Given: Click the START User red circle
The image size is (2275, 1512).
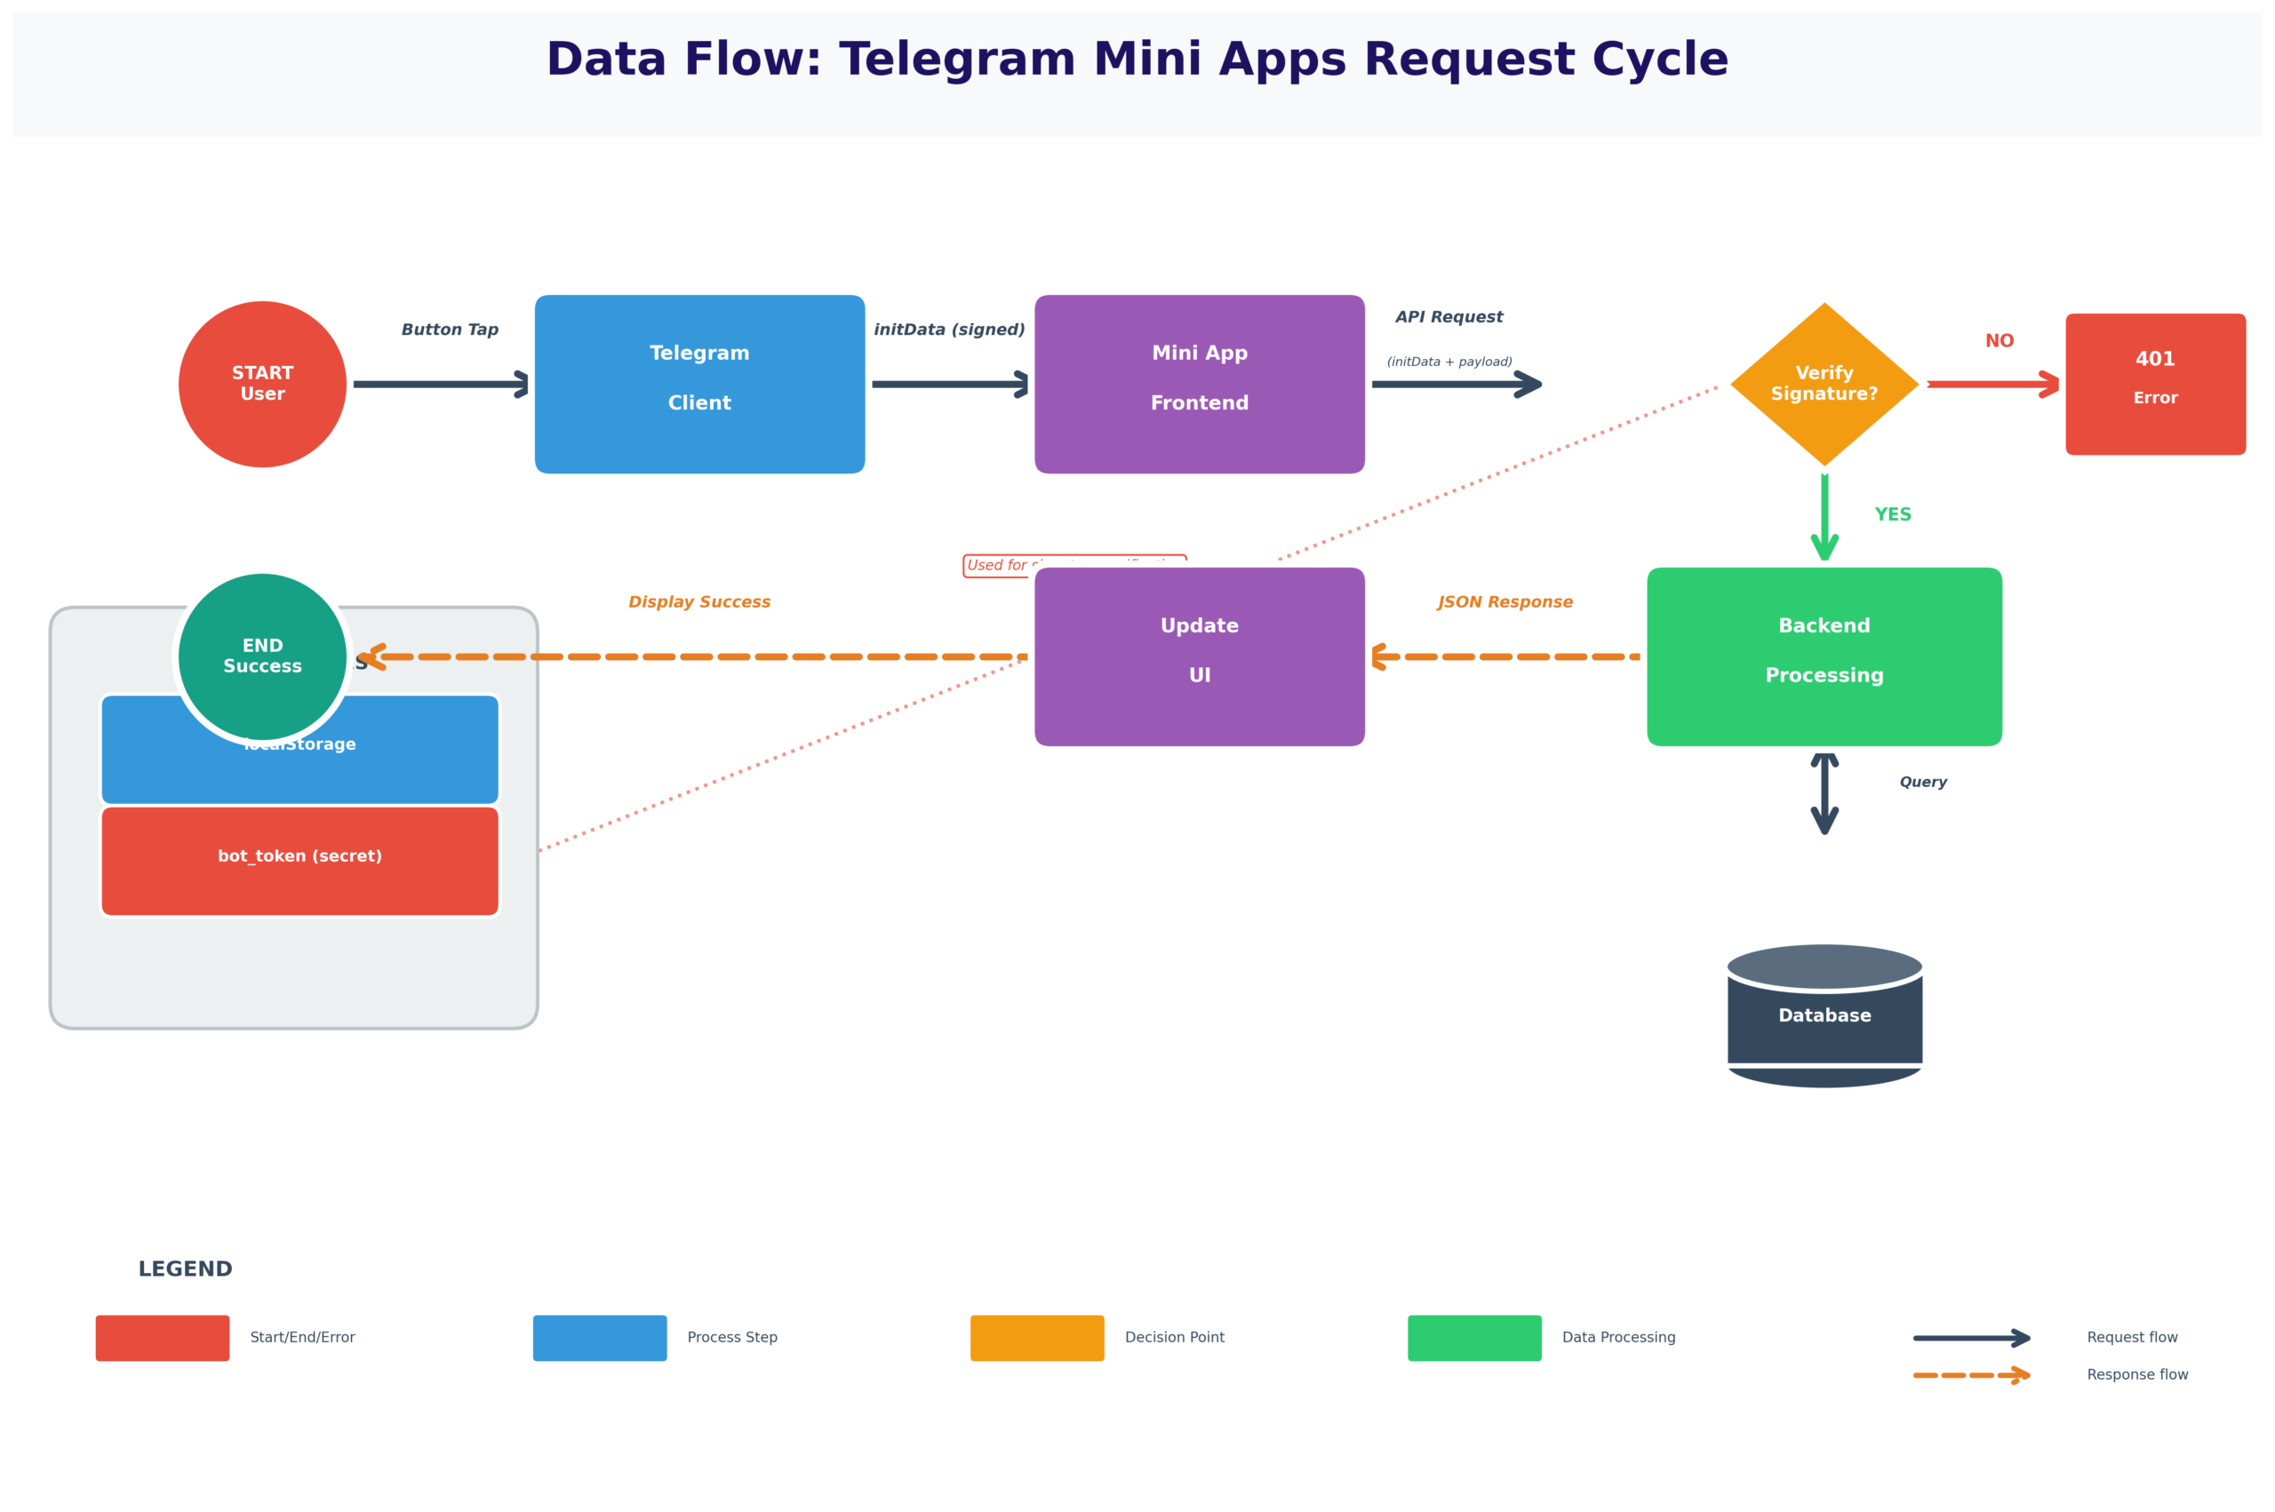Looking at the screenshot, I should [x=262, y=384].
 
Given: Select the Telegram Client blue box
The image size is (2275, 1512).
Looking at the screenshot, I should [x=699, y=384].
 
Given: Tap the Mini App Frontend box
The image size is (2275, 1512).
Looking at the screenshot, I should [x=1199, y=384].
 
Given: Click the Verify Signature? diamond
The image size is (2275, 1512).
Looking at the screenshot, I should [x=1824, y=384].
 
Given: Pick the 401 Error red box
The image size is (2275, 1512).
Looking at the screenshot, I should [x=2155, y=384].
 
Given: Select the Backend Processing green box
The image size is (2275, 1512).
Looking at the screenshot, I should [x=1824, y=656].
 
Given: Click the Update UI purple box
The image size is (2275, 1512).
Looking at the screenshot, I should [x=1199, y=656].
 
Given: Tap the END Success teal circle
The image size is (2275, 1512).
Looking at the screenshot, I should [x=262, y=656].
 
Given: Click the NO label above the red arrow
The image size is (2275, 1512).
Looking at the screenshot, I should [x=2000, y=341].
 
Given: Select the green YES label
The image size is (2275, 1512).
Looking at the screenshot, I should [x=1892, y=515].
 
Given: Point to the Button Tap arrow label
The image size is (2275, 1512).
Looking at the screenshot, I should [x=450, y=330].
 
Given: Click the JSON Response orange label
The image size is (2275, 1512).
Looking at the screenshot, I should [x=1505, y=601].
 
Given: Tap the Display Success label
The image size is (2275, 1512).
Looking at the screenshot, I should [x=699, y=601].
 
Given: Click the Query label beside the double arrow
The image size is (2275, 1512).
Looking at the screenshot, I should [x=1923, y=782].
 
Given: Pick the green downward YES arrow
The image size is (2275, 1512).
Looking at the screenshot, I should [x=1824, y=516].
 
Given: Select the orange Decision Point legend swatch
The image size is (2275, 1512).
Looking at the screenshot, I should [x=1037, y=1338].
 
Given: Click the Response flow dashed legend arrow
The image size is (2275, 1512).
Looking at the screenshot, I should [x=1970, y=1375].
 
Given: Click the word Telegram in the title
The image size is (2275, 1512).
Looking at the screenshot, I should [x=957, y=60].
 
